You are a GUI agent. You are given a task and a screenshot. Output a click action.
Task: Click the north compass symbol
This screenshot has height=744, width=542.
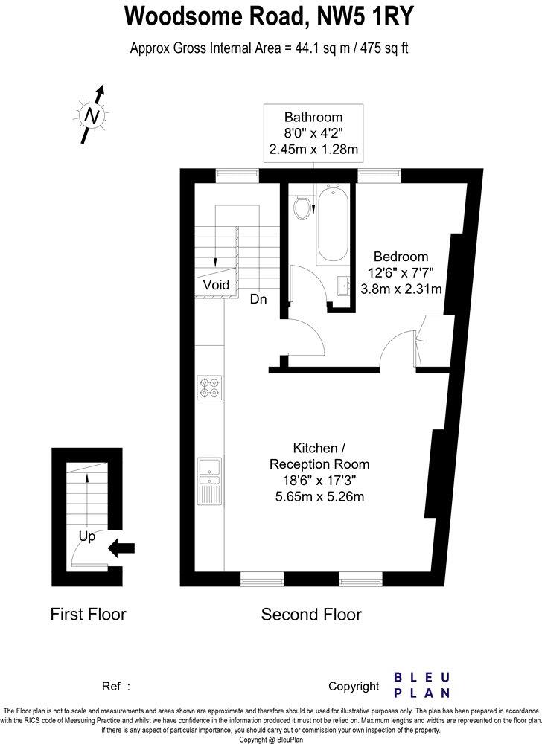(92, 115)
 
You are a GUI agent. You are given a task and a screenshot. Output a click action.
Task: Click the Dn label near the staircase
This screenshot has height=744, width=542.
(258, 299)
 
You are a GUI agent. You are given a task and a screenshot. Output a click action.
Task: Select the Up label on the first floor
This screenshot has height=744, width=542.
(87, 536)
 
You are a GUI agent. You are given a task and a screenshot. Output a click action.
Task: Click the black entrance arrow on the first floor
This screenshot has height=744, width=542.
(121, 548)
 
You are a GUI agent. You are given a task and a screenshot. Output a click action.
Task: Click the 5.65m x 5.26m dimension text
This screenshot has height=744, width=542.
(319, 496)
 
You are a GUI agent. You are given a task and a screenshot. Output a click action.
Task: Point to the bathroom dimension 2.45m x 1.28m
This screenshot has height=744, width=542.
(313, 149)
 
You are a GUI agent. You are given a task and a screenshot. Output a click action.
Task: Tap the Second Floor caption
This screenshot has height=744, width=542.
(311, 615)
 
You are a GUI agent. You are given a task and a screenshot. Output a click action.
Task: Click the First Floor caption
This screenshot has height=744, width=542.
(88, 615)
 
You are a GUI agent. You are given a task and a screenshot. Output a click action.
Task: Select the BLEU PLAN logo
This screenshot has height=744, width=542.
(421, 684)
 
